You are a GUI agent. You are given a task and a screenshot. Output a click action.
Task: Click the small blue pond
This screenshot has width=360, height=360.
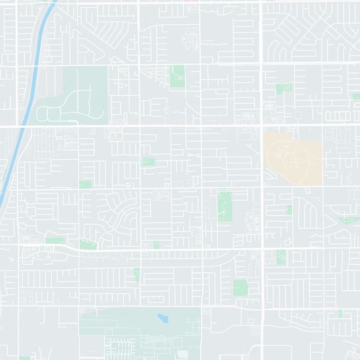click(x=162, y=319)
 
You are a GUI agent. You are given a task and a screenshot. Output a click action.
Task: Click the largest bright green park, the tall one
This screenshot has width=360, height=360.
click(x=224, y=205)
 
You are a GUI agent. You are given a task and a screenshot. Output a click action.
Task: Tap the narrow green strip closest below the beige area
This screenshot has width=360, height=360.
click(x=289, y=210)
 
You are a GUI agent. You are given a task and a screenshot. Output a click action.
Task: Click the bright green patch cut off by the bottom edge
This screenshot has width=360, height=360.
click(x=24, y=358)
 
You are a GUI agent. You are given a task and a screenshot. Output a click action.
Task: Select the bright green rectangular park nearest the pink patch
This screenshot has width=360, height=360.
click(x=177, y=76)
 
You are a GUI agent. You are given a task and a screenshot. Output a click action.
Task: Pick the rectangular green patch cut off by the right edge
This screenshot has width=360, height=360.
click(x=357, y=96)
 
